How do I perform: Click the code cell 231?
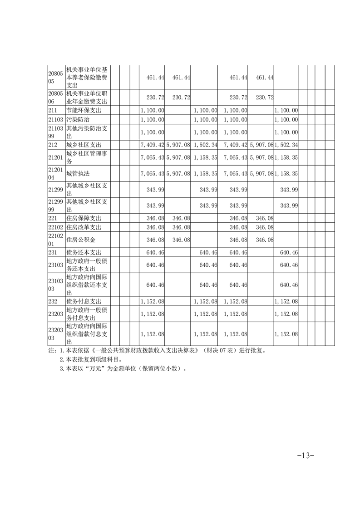[x=53, y=252]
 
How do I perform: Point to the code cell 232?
[x=53, y=301]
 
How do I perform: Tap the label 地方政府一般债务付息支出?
[x=86, y=313]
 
